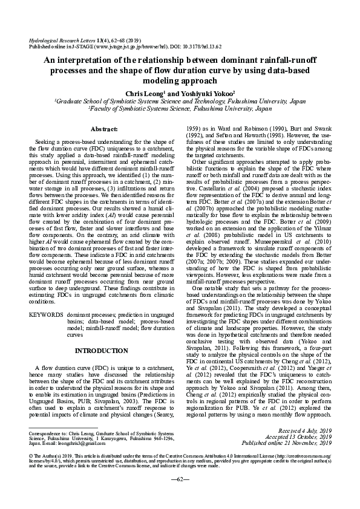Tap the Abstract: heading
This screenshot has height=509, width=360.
click(104, 130)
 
